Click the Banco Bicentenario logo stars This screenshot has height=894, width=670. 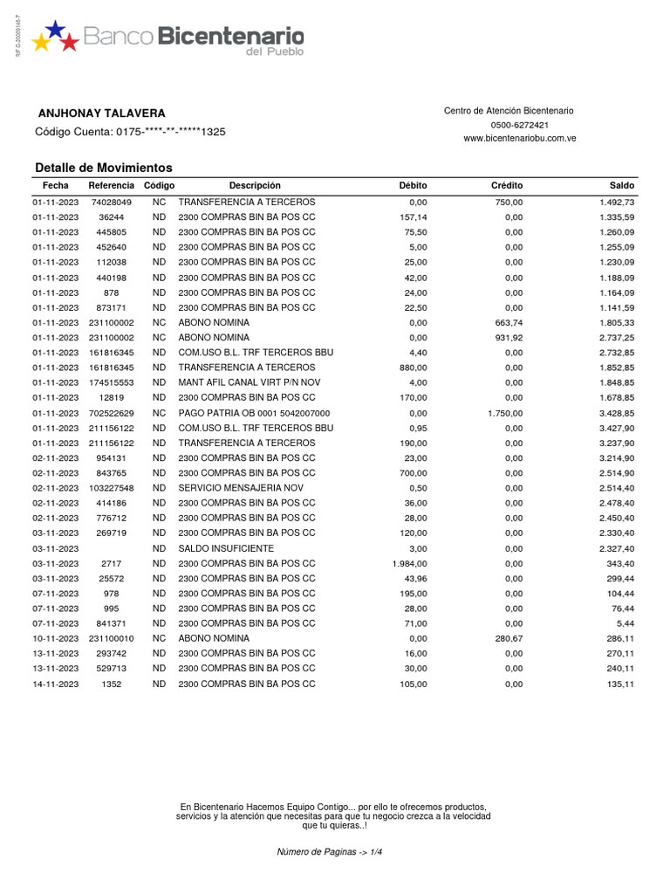click(54, 36)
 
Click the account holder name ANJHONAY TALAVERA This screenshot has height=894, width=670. click(101, 114)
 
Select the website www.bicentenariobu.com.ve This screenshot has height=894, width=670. click(519, 139)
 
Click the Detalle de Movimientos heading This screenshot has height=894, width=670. click(103, 168)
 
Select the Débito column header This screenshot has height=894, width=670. click(413, 186)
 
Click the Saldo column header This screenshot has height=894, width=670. click(622, 186)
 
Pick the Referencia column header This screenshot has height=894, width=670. click(111, 186)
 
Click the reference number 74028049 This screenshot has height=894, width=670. click(111, 202)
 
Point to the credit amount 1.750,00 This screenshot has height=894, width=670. click(505, 412)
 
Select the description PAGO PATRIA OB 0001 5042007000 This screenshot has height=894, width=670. click(254, 412)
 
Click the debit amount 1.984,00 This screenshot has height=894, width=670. click(410, 563)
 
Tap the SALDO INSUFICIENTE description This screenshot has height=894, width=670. click(225, 548)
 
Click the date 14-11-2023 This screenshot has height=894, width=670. click(56, 684)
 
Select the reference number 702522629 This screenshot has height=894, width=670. click(111, 412)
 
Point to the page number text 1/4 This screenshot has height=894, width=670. click(374, 851)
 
